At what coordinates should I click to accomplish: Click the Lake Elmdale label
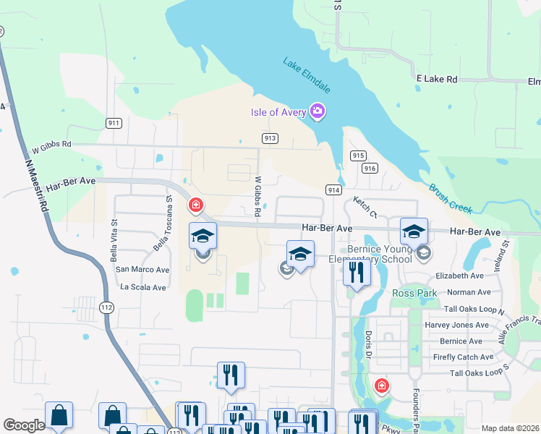307,75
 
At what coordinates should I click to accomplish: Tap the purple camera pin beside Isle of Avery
316,111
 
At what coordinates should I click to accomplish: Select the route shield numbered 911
113,123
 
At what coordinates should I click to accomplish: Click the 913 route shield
270,137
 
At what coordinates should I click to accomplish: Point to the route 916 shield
370,168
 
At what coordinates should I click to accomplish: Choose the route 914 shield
333,190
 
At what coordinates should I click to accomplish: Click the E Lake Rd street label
437,78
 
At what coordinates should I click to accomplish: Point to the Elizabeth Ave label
459,276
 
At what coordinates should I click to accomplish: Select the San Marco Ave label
142,269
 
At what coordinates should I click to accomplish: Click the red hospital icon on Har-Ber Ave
195,206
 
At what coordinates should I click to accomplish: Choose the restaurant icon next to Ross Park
357,272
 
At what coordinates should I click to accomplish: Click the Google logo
24,425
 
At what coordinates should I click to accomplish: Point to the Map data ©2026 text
509,428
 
